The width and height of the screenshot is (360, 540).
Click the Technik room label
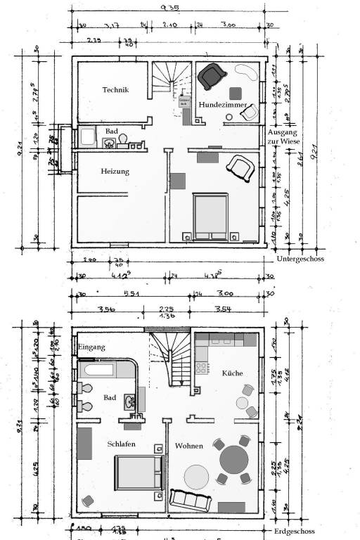click(x=116, y=89)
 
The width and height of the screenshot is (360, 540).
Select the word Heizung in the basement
click(x=115, y=171)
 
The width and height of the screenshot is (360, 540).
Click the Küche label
click(x=232, y=373)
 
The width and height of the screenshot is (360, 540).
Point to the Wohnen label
click(x=190, y=446)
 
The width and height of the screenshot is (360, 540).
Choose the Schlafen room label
click(x=122, y=444)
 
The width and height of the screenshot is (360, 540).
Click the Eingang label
click(x=91, y=347)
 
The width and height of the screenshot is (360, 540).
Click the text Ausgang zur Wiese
click(x=283, y=137)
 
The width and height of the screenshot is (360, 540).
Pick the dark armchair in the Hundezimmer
click(x=210, y=75)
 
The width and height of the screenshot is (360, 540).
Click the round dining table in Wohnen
click(x=234, y=461)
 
